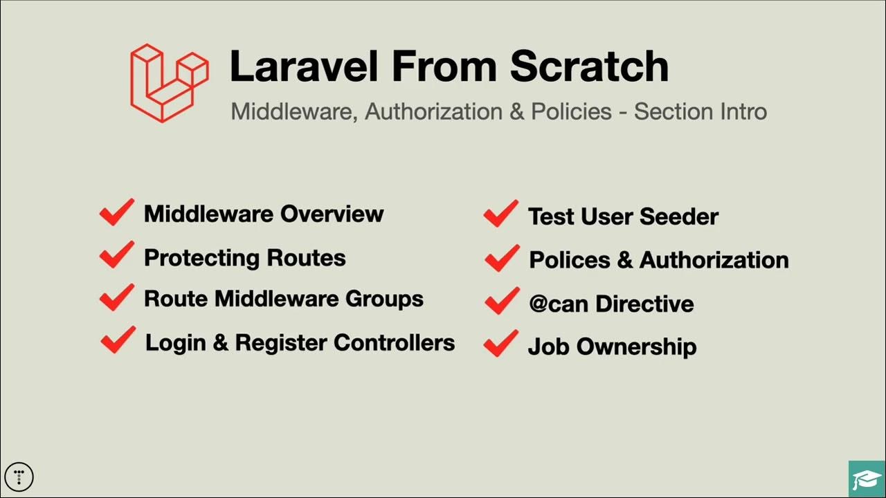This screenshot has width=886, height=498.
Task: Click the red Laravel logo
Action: tap(169, 83)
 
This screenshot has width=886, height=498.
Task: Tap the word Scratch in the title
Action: tap(589, 66)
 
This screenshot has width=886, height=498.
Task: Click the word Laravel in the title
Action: tap(303, 66)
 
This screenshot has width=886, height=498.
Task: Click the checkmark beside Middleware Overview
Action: tap(116, 212)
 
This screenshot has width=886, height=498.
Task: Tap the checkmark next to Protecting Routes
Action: tap(116, 255)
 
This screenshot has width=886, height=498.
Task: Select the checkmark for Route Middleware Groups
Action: tap(116, 297)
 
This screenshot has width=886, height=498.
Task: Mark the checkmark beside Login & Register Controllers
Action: tap(118, 340)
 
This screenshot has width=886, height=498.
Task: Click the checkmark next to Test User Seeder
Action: tap(500, 214)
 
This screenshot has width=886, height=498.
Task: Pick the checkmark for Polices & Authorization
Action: tap(502, 258)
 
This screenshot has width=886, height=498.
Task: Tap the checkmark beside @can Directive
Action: tap(502, 302)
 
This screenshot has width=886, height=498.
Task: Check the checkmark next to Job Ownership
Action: tap(500, 344)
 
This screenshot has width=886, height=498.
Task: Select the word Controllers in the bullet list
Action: tap(394, 342)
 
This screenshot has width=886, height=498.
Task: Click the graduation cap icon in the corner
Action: tap(867, 479)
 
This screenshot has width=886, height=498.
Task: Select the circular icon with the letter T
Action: tap(19, 476)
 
